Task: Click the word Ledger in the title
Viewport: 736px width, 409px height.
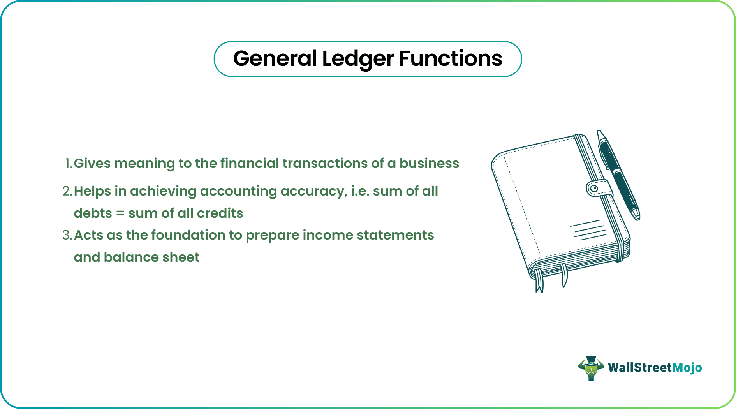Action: [358, 59]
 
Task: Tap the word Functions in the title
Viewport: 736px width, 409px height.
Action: [451, 59]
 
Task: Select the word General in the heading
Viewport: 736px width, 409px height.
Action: [275, 59]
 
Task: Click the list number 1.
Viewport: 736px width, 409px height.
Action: [68, 164]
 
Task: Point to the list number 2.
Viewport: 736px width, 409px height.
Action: [67, 191]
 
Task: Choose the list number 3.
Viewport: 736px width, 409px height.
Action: [67, 235]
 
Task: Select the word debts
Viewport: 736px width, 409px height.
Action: [93, 213]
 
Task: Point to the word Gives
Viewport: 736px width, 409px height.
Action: [92, 164]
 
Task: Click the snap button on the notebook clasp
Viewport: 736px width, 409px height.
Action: [594, 189]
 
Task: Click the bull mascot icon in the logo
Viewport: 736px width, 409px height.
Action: [591, 368]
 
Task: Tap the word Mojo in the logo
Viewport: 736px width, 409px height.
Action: [687, 368]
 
